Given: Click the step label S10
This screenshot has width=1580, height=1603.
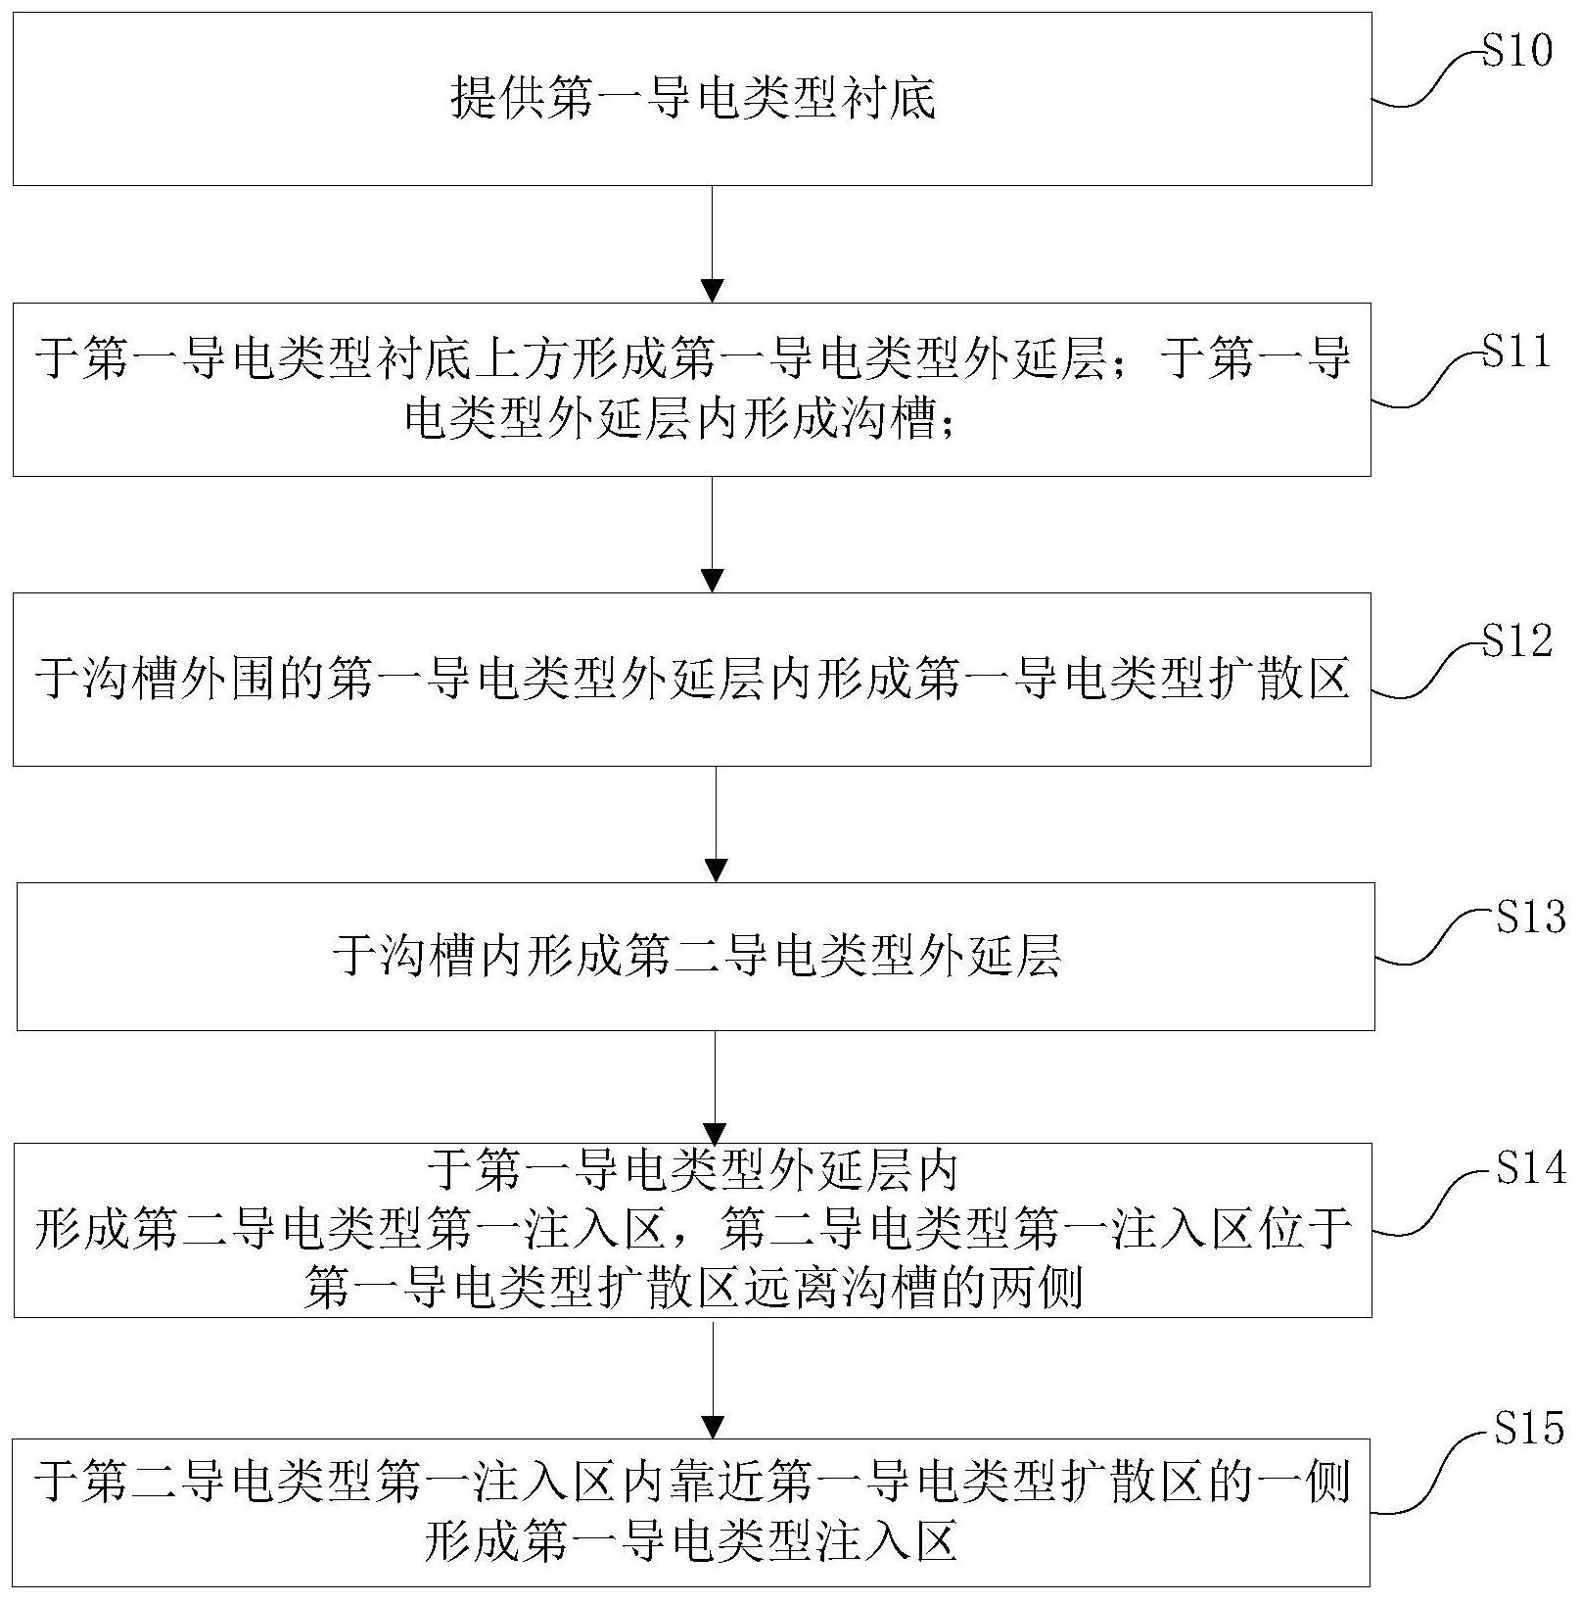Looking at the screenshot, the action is click(1516, 50).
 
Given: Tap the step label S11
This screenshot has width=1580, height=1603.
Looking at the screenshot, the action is click(1516, 350).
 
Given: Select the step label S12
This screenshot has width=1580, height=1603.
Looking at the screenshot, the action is click(1516, 640).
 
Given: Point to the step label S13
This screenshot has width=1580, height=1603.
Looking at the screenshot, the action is click(1530, 918).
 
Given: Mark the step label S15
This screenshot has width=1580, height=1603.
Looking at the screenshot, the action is click(1529, 1429).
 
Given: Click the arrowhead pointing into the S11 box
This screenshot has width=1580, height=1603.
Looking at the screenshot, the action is click(713, 291).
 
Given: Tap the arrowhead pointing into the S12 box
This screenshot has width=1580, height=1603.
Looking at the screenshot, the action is click(713, 580).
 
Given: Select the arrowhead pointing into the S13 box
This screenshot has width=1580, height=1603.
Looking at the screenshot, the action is click(717, 870).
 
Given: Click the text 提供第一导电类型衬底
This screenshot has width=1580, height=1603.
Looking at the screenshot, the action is click(693, 99).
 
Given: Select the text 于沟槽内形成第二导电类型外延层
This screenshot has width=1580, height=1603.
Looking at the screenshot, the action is click(696, 956).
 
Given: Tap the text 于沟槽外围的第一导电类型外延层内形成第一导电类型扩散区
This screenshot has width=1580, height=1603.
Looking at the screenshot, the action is click(692, 678).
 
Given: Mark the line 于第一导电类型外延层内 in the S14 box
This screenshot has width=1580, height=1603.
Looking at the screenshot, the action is click(693, 1170).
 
